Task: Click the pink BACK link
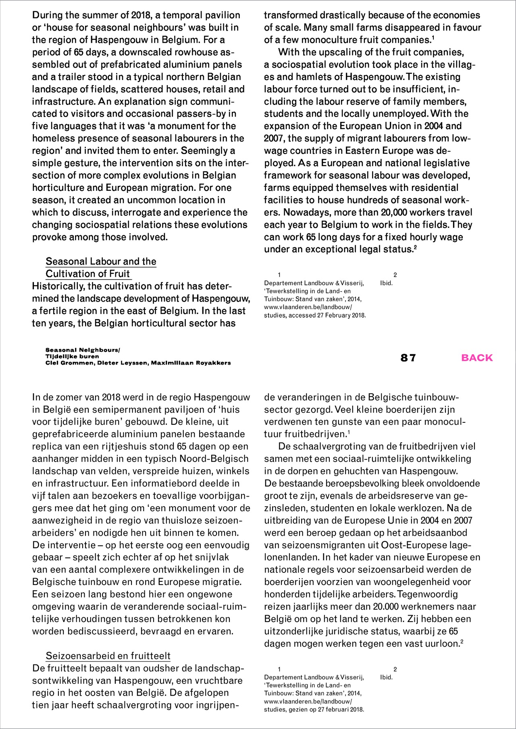(477, 358)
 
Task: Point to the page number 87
(408, 358)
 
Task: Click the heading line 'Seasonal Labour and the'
(101, 261)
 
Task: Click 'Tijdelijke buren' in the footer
(72, 357)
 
